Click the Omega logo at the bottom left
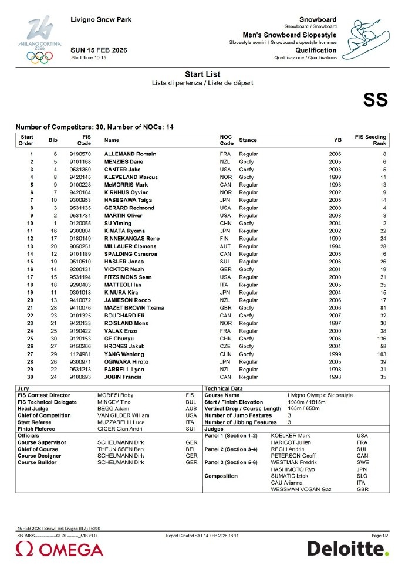click(59, 550)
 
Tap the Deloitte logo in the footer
click(347, 549)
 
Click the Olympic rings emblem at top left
click(39, 56)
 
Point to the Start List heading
click(202, 75)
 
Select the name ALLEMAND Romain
click(130, 154)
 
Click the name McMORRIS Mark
click(127, 184)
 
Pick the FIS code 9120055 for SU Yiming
click(82, 224)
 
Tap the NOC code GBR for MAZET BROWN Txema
click(227, 307)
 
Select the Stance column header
click(248, 140)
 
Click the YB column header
click(338, 141)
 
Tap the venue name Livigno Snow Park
click(102, 20)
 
